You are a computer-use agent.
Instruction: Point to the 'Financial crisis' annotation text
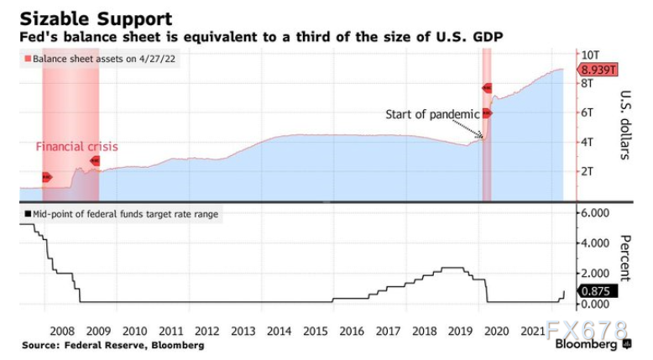[x=76, y=147]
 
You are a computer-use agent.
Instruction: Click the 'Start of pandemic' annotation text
[x=432, y=114]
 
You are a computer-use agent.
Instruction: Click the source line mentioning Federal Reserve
[x=112, y=345]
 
